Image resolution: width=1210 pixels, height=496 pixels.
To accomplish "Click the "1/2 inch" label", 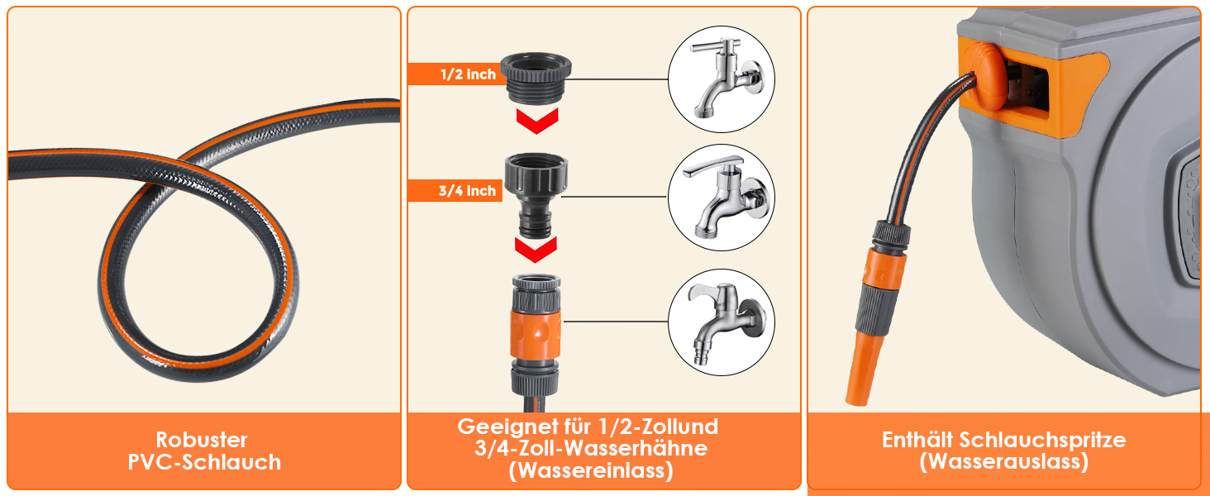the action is click(468, 74).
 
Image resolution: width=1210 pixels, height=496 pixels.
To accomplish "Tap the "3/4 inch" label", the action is click(467, 191).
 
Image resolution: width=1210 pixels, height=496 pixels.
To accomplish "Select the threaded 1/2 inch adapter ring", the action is click(536, 77).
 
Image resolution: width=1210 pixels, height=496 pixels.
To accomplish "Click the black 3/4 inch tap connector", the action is click(536, 194).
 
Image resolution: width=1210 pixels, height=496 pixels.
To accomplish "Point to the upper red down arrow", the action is click(537, 121).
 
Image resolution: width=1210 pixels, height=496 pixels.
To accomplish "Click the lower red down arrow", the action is click(536, 250).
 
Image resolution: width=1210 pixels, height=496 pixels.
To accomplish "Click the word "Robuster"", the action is click(202, 440).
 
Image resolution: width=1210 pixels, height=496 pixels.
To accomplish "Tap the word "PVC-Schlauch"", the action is click(204, 462).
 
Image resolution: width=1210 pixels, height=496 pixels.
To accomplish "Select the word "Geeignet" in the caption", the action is click(507, 427).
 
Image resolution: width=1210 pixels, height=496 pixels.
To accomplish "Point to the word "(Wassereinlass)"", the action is click(591, 470).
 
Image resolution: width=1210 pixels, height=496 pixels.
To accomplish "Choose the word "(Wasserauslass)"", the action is click(1004, 462).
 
